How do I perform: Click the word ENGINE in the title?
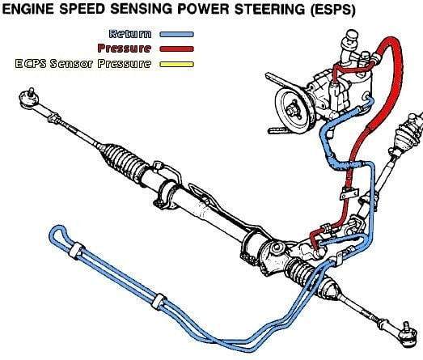pyautogui.click(x=27, y=9)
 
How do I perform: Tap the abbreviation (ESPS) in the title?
pyautogui.click(x=332, y=10)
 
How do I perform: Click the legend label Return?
pyautogui.click(x=130, y=34)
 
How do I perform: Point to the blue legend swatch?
pyautogui.click(x=176, y=35)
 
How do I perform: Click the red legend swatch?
pyautogui.click(x=176, y=49)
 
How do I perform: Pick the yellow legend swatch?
pyautogui.click(x=176, y=64)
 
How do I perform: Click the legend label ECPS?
pyautogui.click(x=31, y=64)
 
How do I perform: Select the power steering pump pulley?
pyautogui.click(x=295, y=108)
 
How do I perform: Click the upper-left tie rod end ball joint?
pyautogui.click(x=29, y=98)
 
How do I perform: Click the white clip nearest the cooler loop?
pyautogui.click(x=76, y=251)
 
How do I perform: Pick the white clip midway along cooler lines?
pyautogui.click(x=159, y=302)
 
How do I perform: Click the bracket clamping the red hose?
pyautogui.click(x=349, y=193)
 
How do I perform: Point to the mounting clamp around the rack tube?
pyautogui.click(x=167, y=194)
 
